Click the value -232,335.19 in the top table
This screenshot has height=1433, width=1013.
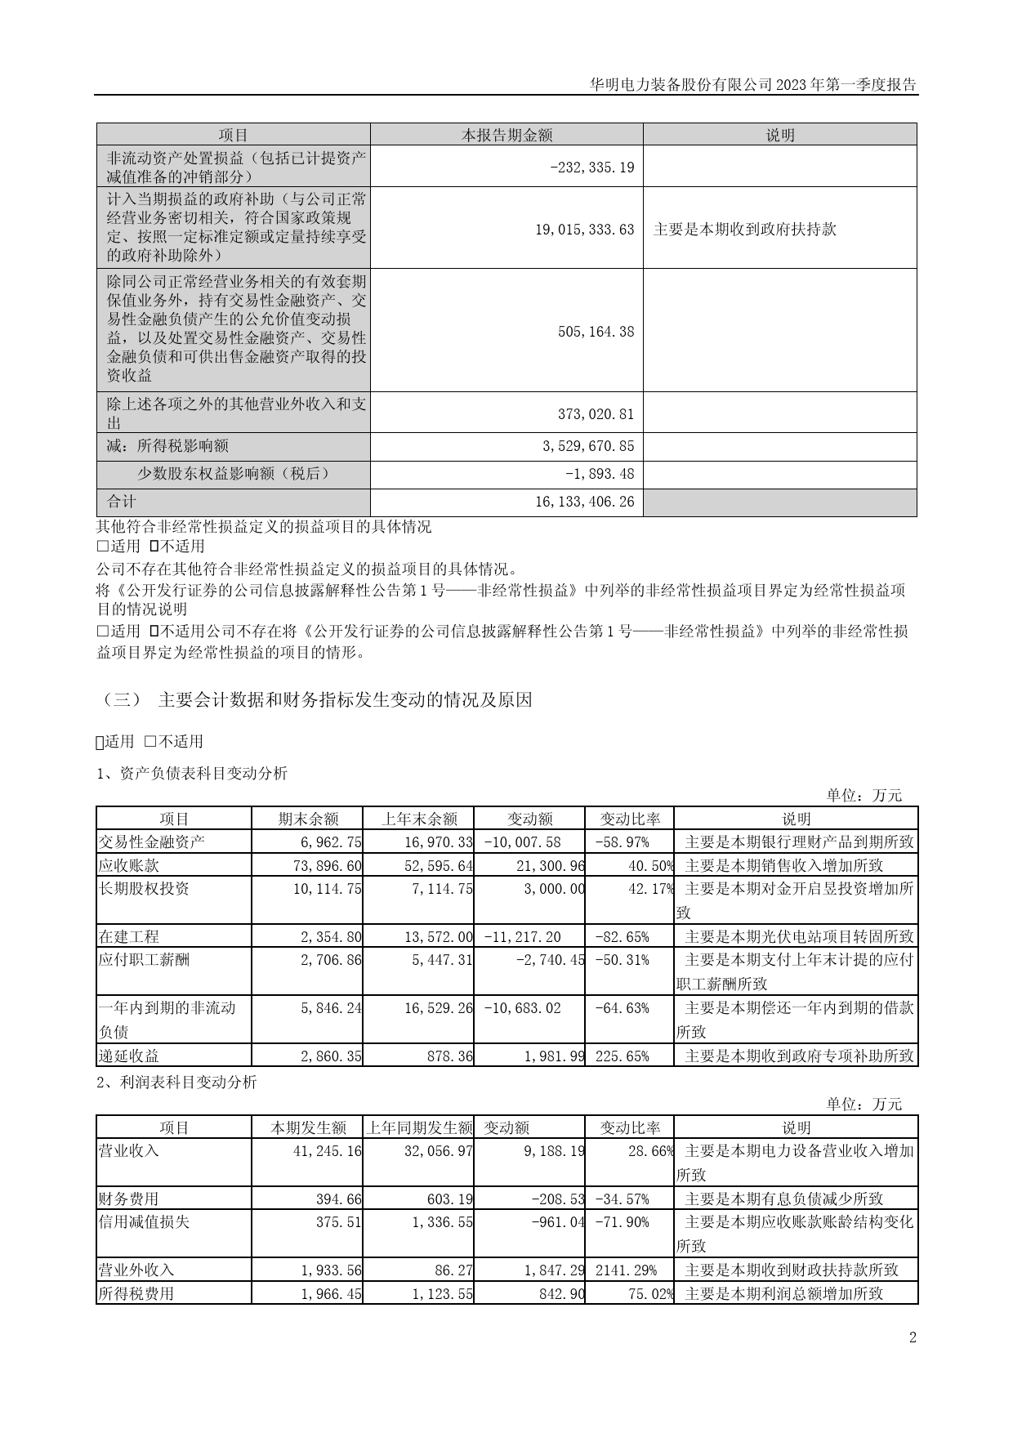(592, 167)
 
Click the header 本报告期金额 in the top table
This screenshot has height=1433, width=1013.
(506, 136)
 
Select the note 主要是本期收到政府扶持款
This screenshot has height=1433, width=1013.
(744, 230)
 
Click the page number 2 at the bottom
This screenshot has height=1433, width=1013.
(913, 1337)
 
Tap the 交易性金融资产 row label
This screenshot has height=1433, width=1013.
(152, 841)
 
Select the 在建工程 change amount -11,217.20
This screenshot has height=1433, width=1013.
(523, 937)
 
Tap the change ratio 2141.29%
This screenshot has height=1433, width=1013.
(623, 1270)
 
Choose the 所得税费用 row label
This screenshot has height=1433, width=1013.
(136, 1294)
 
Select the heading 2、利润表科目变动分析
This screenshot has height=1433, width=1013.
(176, 1083)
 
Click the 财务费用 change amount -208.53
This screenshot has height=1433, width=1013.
(557, 1199)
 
